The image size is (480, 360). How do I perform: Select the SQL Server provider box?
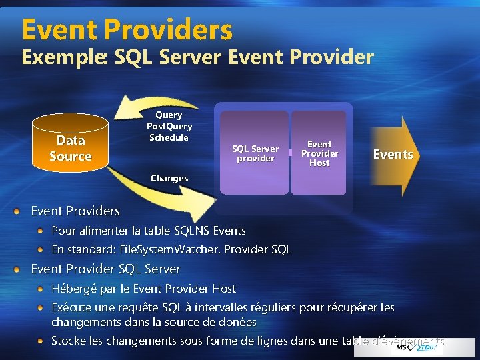click(255, 153)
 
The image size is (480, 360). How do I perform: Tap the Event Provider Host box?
click(319, 153)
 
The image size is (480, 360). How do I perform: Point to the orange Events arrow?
click(393, 155)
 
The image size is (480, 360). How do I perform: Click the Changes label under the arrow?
click(169, 179)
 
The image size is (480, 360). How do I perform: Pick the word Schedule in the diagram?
click(169, 137)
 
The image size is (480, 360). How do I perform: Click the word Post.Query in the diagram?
click(169, 126)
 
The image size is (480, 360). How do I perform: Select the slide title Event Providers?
click(127, 29)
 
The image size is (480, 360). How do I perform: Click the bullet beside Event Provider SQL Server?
click(22, 269)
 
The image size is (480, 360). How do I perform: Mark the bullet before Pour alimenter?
click(42, 231)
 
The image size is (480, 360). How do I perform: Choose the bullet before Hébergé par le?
click(42, 289)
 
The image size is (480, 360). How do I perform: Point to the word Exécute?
click(74, 308)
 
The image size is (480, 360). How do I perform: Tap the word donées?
click(237, 322)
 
